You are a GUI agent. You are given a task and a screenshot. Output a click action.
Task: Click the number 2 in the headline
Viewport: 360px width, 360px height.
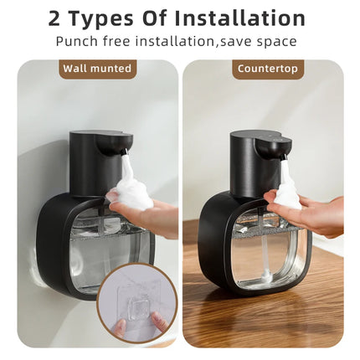[x=55, y=18]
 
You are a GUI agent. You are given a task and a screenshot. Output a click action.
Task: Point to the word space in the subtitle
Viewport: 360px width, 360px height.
[x=278, y=41]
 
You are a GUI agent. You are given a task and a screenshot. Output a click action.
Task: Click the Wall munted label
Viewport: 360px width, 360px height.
[x=97, y=69]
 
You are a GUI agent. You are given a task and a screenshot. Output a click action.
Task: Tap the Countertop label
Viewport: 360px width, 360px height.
[x=268, y=69]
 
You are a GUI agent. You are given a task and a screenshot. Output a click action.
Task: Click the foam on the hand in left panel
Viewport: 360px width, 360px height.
[x=129, y=193]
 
